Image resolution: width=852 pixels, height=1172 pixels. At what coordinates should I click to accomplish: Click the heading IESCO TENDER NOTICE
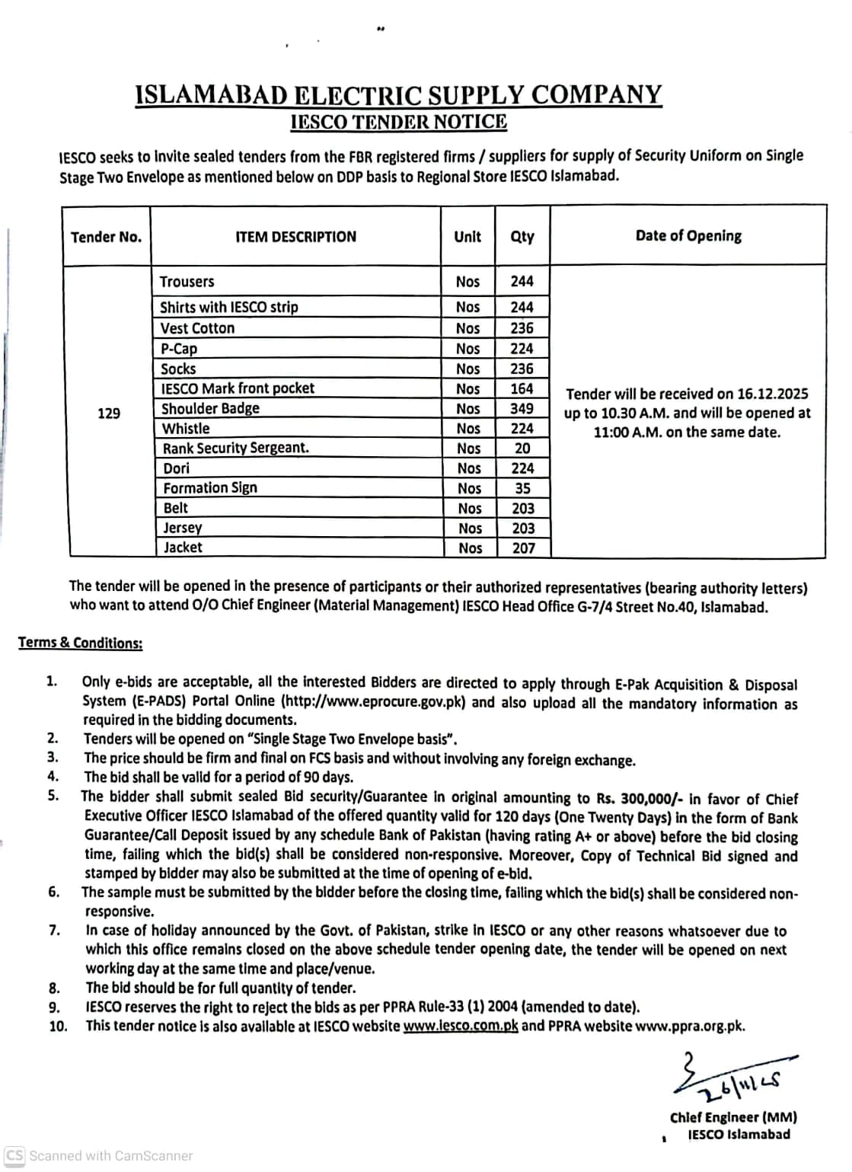click(399, 122)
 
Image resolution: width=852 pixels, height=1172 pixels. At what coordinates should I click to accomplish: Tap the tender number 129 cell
click(109, 413)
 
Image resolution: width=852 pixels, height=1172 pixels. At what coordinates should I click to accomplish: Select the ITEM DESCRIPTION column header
click(295, 237)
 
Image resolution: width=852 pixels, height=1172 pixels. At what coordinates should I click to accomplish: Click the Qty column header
click(522, 237)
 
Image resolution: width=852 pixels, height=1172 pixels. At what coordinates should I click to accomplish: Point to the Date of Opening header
click(688, 236)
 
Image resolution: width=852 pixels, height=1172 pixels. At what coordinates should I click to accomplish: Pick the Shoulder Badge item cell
click(210, 408)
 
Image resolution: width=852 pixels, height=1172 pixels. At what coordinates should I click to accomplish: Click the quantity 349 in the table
click(522, 408)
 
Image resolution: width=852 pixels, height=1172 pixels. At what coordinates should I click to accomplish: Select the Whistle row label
click(186, 428)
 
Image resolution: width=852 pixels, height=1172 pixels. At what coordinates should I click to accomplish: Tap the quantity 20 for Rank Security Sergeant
click(522, 449)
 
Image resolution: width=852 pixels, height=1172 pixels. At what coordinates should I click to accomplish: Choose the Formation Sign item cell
click(210, 488)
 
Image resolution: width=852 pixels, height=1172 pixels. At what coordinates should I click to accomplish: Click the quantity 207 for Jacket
click(524, 548)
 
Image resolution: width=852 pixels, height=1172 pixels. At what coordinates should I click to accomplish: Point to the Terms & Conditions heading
click(80, 643)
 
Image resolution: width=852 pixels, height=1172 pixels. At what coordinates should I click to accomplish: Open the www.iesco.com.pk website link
click(461, 1026)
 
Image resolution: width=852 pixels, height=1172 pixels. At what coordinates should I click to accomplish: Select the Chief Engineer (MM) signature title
click(733, 1117)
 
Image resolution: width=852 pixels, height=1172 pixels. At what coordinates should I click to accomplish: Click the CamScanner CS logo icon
click(14, 1155)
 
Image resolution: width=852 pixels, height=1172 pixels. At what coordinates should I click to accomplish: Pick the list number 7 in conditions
click(54, 931)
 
